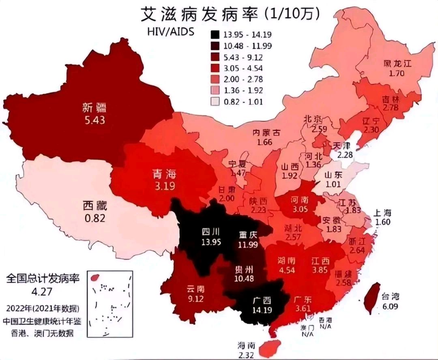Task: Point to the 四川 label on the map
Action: [210, 232]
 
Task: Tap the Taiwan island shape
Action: [372, 298]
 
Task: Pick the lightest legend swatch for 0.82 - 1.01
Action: [216, 102]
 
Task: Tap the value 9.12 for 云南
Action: [196, 300]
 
